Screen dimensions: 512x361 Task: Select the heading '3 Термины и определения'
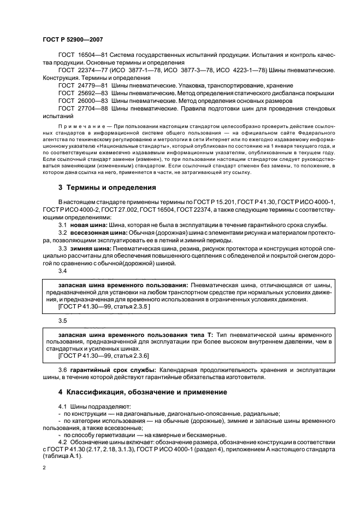[107, 187]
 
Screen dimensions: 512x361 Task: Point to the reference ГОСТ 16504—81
[81, 56]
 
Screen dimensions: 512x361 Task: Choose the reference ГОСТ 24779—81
[81, 86]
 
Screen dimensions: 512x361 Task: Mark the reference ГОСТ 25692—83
[81, 94]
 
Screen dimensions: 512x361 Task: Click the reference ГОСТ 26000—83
[81, 101]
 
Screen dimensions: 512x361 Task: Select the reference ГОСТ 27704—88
[81, 109]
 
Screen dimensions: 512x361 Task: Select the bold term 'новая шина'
[88, 225]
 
